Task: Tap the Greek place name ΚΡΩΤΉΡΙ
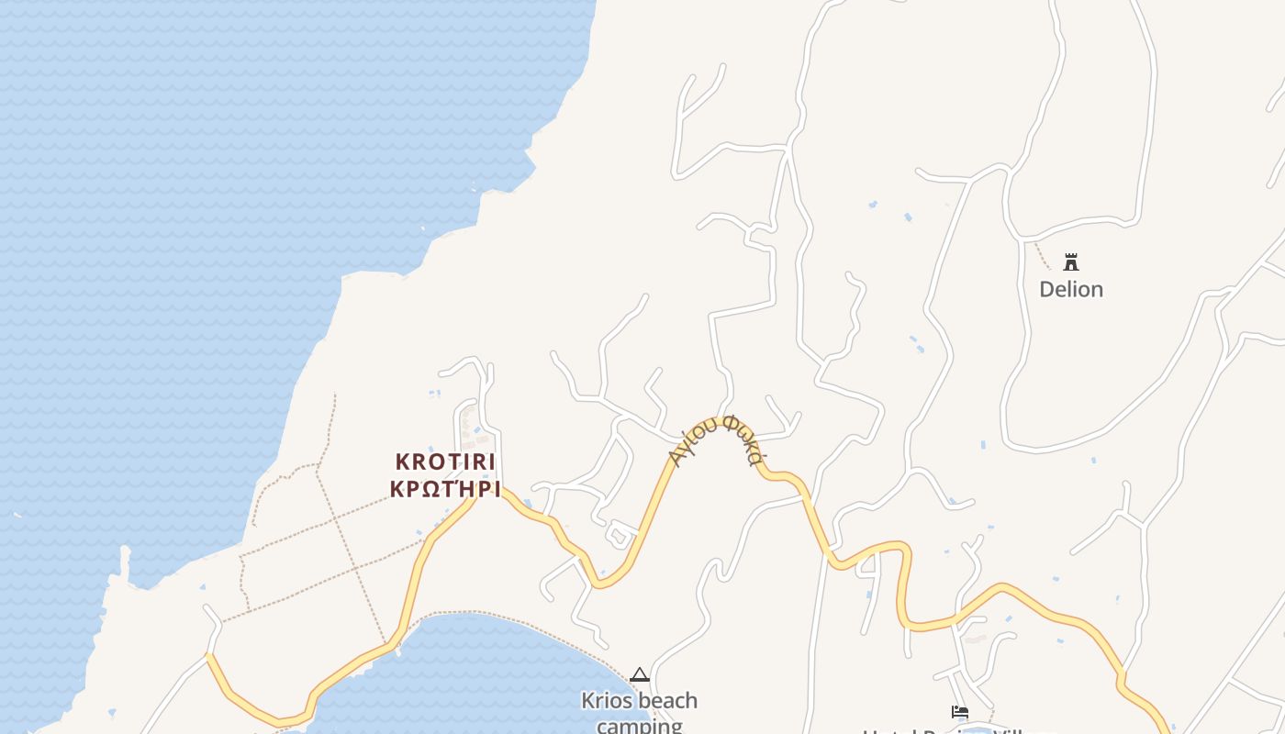(445, 489)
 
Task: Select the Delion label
(1070, 289)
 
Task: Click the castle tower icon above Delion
(1070, 262)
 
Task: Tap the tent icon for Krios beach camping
(640, 675)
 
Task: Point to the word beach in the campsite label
(667, 701)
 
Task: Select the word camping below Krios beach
(640, 726)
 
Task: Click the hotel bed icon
(960, 712)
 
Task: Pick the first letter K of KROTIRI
(402, 462)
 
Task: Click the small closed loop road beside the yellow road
(620, 531)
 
